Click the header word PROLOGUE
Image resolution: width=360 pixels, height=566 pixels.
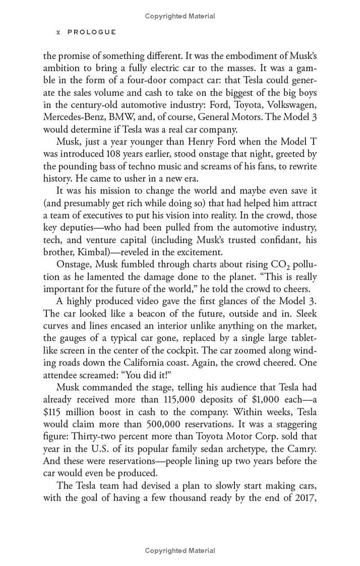pos(92,32)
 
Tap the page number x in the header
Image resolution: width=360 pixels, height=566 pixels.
pos(58,32)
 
